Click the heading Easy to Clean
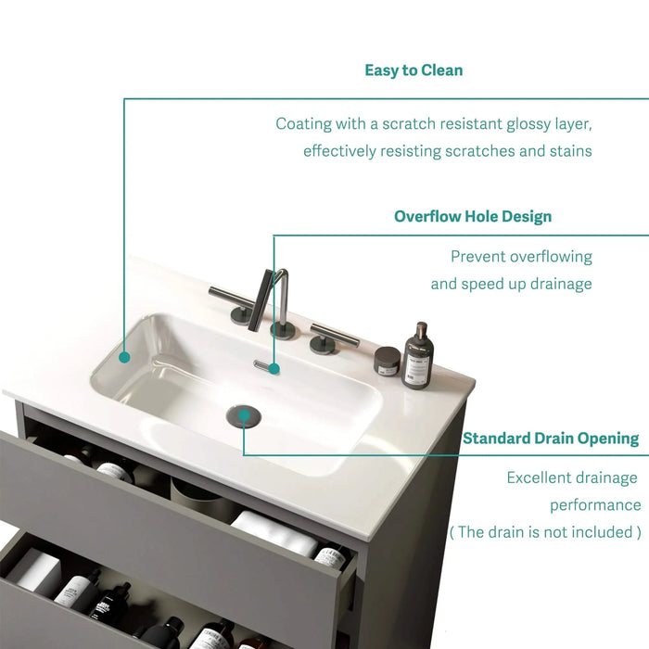(x=414, y=70)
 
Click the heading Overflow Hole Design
(x=473, y=217)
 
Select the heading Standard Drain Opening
(x=551, y=439)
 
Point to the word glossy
(x=522, y=124)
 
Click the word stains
(x=566, y=151)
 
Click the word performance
(x=595, y=505)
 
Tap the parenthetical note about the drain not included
(x=545, y=532)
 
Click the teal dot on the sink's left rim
(x=124, y=354)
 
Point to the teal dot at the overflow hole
(x=274, y=368)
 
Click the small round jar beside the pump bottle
(x=387, y=360)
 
